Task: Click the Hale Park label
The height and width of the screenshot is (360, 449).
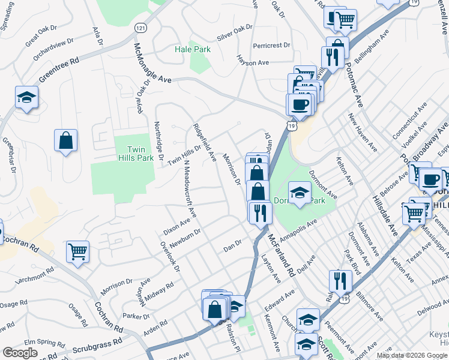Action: pos(193,49)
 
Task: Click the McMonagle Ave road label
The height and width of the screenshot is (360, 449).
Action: pos(152,63)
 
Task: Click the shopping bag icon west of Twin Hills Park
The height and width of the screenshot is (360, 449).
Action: pos(66,141)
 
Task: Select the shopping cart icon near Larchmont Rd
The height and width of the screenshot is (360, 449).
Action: pos(78,252)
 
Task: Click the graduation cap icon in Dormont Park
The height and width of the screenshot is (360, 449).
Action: pos(299,193)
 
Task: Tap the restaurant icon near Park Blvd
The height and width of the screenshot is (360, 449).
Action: pos(340,280)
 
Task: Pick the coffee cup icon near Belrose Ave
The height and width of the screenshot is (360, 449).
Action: pos(430,179)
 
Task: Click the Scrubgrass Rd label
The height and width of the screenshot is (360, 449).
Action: pos(96,347)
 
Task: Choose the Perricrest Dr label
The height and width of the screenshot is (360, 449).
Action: pos(271,45)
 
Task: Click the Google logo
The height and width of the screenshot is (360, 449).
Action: pos(20,353)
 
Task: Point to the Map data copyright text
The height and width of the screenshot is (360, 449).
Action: pos(412,355)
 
